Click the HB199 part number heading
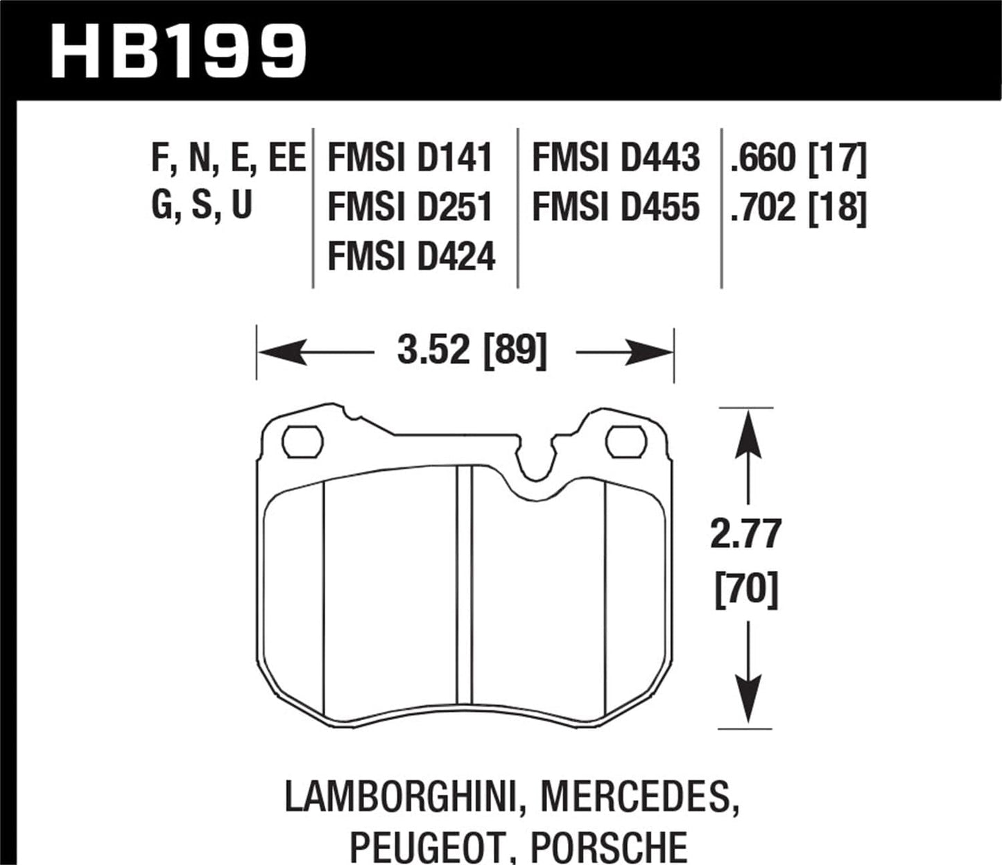click(179, 51)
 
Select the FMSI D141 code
click(410, 157)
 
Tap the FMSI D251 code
click(410, 207)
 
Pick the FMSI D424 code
click(411, 256)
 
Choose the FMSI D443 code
click(616, 157)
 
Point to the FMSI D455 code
click(616, 207)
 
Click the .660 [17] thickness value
click(797, 157)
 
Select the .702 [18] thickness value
click(797, 207)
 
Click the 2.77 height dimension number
click(746, 534)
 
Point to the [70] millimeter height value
click(746, 590)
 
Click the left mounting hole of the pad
click(302, 442)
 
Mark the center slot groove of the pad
click(464, 596)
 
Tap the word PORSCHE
click(609, 846)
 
